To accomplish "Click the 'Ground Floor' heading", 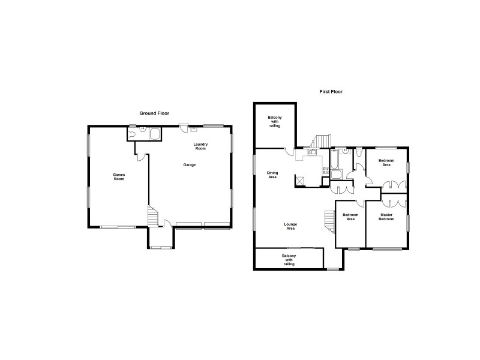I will click(x=154, y=113).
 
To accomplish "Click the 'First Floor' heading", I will click(x=331, y=92).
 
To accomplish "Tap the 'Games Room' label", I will click(x=119, y=177).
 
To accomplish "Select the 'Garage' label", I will click(x=190, y=165).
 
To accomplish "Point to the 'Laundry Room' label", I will click(x=200, y=146).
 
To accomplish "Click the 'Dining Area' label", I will click(x=272, y=175).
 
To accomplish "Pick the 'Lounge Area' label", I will click(x=290, y=226).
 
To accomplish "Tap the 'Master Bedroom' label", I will click(x=386, y=217).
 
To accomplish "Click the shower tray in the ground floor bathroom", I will click(x=155, y=134).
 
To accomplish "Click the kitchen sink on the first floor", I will click(x=313, y=152).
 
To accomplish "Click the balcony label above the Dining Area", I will click(x=275, y=121).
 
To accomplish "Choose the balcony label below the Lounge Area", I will click(x=289, y=260).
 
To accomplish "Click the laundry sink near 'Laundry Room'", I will click(x=194, y=128).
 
